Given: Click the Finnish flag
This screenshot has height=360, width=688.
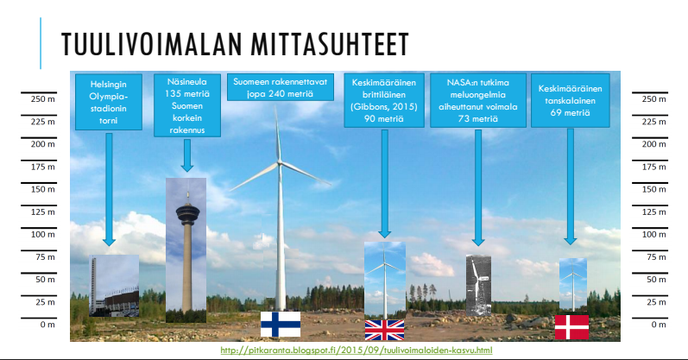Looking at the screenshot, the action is (281, 324).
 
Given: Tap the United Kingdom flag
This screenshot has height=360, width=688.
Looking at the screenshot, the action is (384, 330).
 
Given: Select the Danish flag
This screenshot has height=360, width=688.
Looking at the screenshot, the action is (571, 327).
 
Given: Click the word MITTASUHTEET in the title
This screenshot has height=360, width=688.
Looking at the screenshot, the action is (330, 44).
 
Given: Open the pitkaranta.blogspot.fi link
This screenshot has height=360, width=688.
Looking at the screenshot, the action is (357, 351).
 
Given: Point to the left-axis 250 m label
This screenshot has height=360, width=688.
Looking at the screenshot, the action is (43, 99).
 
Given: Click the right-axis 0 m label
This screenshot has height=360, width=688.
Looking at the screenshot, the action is (659, 325).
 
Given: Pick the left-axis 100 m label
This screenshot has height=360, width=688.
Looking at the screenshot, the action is (43, 235).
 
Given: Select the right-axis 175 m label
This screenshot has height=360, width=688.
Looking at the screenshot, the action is (653, 167).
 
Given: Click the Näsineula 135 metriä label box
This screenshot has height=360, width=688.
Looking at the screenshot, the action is (187, 105).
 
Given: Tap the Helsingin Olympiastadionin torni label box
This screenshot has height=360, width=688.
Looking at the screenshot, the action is (109, 102).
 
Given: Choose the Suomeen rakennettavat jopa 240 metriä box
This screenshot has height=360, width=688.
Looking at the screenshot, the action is (281, 87).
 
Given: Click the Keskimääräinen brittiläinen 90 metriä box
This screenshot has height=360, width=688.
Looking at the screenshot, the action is (384, 100).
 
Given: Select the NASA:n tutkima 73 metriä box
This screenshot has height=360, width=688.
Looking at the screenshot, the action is (478, 100).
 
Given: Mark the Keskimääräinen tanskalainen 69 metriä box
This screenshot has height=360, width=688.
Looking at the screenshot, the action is (571, 100).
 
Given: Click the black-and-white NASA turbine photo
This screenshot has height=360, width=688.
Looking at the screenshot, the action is (478, 286).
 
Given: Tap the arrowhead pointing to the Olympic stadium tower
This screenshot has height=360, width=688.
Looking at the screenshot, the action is (109, 242).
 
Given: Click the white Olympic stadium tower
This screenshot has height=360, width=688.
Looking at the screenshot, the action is (93, 286).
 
